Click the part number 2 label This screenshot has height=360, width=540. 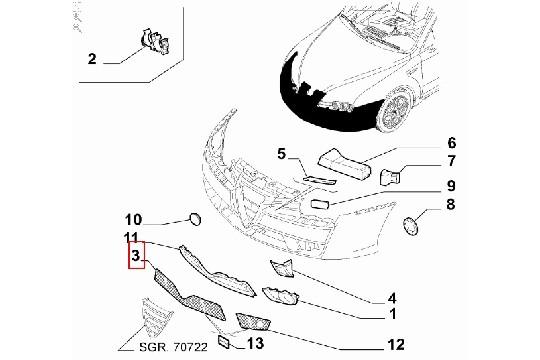coord(92,58)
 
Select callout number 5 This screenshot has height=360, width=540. coord(283,154)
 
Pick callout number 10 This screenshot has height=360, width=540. coord(133,219)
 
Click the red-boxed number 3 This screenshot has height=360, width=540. coord(135,258)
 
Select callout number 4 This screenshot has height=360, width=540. coord(393,297)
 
